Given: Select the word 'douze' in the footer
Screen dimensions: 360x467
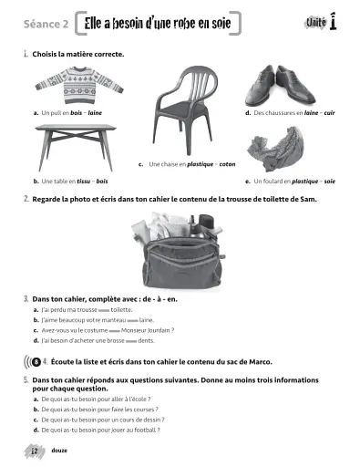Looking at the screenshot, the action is [58, 451].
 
